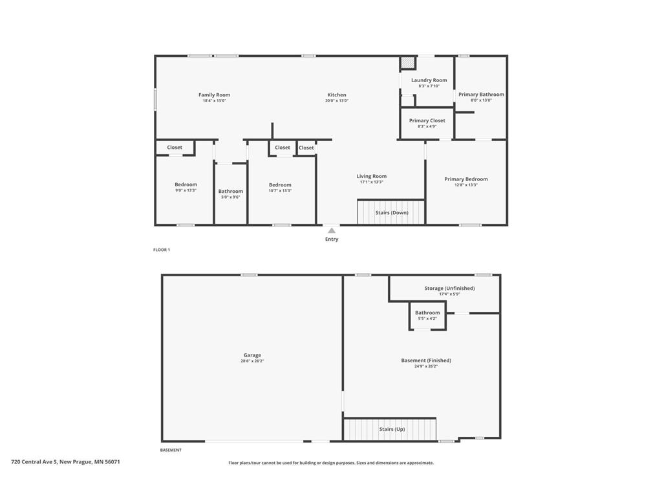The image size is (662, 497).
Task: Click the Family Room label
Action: tap(214, 95)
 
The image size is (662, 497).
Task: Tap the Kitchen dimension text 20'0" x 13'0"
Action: tap(336, 101)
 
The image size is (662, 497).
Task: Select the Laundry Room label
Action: tap(429, 80)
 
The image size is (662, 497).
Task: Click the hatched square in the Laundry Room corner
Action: tap(407, 63)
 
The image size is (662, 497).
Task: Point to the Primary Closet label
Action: tap(427, 120)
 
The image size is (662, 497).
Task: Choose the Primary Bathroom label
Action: tap(481, 94)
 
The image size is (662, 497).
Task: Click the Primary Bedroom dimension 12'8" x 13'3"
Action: tap(466, 185)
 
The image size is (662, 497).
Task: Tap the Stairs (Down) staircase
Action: tap(391, 212)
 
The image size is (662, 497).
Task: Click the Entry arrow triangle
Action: tap(331, 230)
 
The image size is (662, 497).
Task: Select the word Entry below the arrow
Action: tap(332, 239)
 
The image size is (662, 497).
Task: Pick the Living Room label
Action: tap(372, 176)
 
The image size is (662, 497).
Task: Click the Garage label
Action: tap(252, 355)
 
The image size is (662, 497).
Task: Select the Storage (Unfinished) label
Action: tap(449, 288)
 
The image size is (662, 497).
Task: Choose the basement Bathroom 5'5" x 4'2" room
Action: tap(427, 315)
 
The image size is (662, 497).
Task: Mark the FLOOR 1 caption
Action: tap(162, 250)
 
